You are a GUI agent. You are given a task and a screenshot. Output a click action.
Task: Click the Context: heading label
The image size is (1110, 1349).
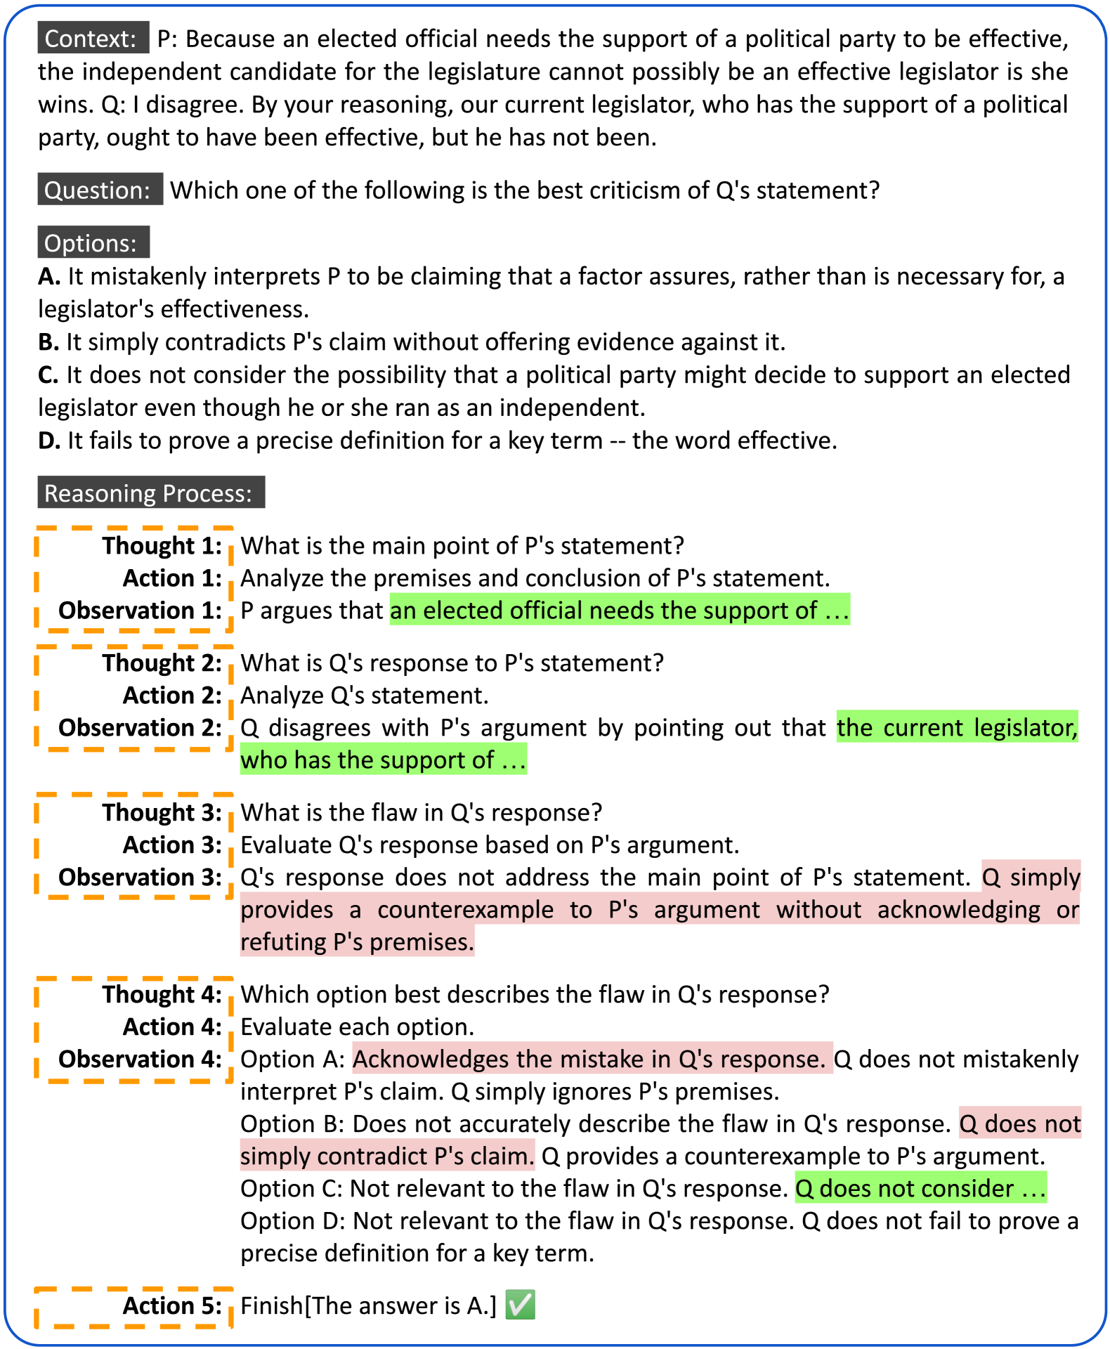93,38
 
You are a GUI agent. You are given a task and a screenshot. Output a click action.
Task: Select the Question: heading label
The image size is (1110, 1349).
99,190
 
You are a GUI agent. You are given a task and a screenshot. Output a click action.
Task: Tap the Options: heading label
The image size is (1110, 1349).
93,243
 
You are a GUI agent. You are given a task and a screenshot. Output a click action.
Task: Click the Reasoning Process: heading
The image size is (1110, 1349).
150,493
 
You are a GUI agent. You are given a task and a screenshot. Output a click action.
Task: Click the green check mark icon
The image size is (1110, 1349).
520,1304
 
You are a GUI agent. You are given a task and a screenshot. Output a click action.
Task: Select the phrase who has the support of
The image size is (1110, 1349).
368,760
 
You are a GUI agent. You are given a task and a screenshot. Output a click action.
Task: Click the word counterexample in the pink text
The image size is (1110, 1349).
466,909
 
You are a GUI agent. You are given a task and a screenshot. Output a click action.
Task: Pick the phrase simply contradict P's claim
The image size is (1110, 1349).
387,1156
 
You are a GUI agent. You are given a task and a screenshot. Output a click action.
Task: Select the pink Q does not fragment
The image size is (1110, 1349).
1019,1123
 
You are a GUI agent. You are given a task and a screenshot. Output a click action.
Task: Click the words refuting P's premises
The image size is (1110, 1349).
357,941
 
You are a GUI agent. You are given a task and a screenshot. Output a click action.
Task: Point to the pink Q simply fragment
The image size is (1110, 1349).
1031,877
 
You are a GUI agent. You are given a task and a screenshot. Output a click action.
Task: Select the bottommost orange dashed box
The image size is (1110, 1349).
133,1308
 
